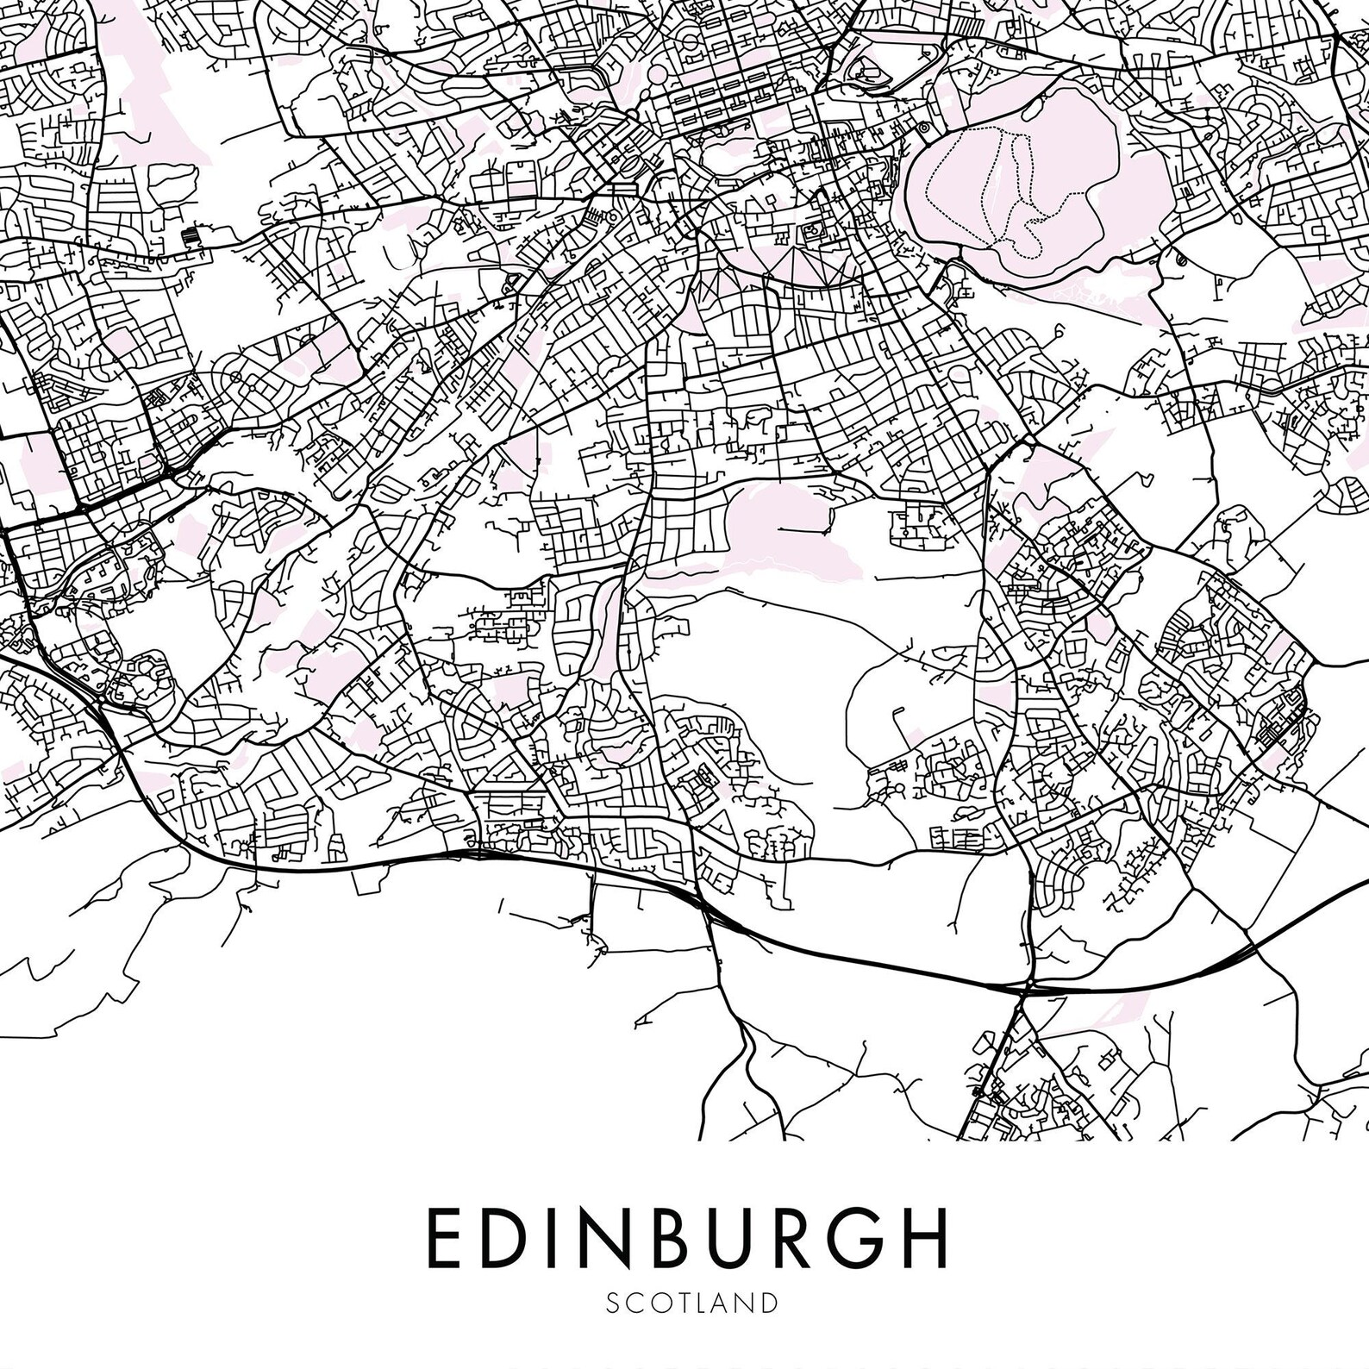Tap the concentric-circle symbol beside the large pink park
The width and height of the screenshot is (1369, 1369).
(x=923, y=128)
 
